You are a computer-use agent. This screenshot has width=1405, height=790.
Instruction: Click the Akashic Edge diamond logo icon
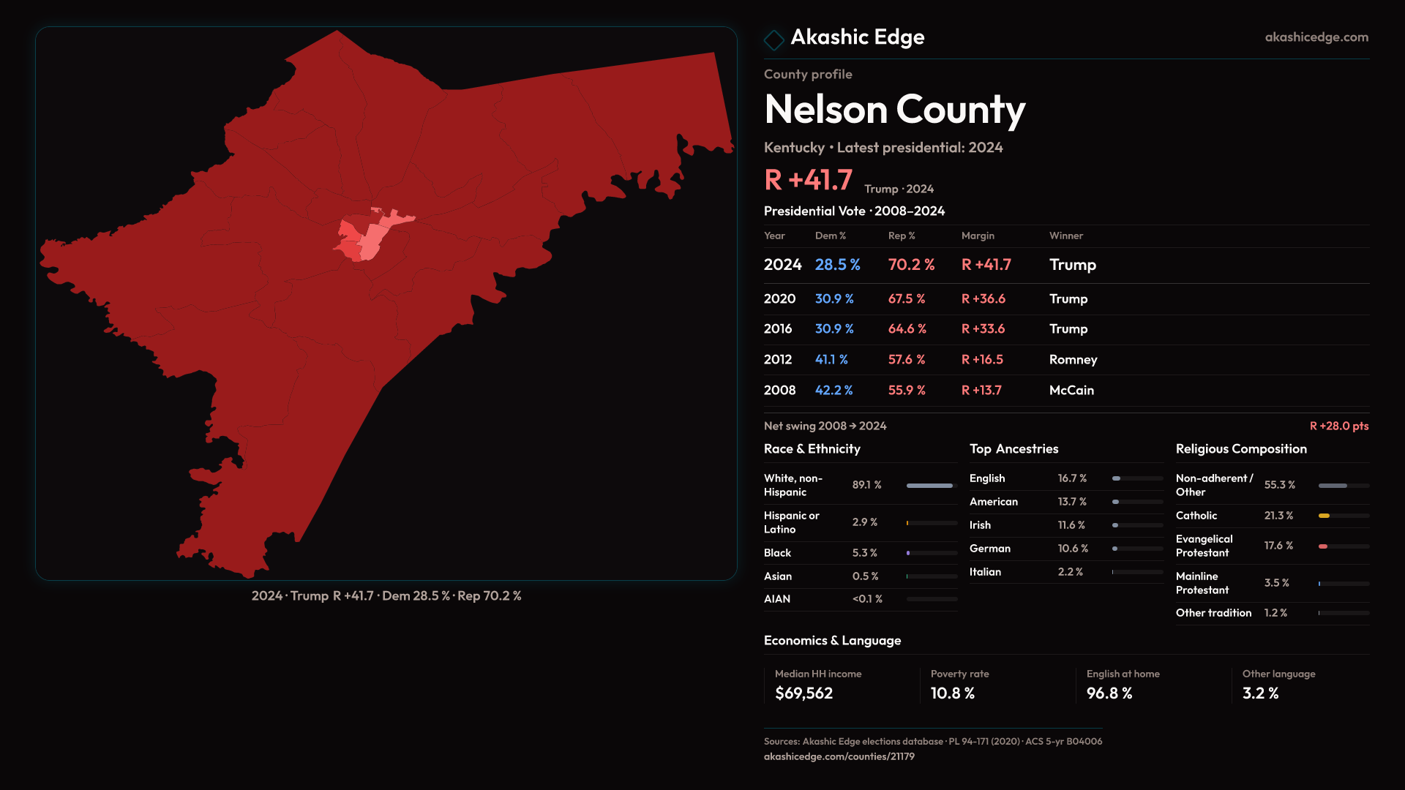pos(773,39)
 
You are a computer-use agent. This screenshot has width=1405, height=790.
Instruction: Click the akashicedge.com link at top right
pos(1316,37)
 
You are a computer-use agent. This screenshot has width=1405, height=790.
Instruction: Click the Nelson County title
pos(894,110)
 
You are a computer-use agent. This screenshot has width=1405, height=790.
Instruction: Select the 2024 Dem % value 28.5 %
pos(837,265)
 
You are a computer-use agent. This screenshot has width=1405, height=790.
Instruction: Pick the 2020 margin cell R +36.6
pos(983,299)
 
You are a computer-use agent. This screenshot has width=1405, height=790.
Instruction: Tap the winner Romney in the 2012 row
pos(1073,360)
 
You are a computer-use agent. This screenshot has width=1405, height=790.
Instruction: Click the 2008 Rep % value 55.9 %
pos(907,391)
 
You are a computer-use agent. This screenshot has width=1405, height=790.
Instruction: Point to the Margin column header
pos(978,236)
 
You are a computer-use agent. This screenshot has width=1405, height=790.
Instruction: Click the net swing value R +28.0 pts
pos(1338,426)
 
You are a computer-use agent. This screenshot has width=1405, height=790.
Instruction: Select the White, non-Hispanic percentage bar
pos(931,486)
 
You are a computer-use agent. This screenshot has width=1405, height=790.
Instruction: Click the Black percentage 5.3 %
pos(864,553)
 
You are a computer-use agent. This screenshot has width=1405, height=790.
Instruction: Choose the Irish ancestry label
pos(980,525)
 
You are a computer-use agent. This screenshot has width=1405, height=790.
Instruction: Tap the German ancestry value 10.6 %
pos(1073,549)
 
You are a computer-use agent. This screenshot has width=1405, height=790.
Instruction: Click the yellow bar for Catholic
pos(1324,516)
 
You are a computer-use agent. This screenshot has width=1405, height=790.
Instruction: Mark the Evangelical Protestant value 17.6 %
pos(1278,546)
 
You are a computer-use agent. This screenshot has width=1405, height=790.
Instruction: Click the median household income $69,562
pos(803,693)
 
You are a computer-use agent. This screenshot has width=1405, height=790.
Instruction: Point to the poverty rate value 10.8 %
pos(952,693)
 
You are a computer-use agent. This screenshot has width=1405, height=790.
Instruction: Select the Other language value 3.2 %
pos(1260,693)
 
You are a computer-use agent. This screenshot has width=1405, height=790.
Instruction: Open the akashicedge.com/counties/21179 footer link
pos(839,757)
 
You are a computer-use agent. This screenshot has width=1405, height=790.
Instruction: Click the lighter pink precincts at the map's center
pos(375,236)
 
